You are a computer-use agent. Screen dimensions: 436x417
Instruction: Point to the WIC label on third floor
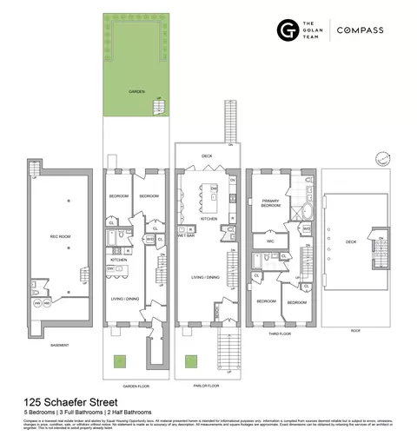(271, 240)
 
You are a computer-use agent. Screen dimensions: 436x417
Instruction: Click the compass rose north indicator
(380, 158)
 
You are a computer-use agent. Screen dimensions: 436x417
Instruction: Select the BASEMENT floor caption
(60, 345)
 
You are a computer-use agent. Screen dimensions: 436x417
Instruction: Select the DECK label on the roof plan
(351, 242)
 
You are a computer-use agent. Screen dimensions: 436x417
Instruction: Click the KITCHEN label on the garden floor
(118, 260)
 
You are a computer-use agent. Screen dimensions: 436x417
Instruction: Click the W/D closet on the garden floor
(149, 239)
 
